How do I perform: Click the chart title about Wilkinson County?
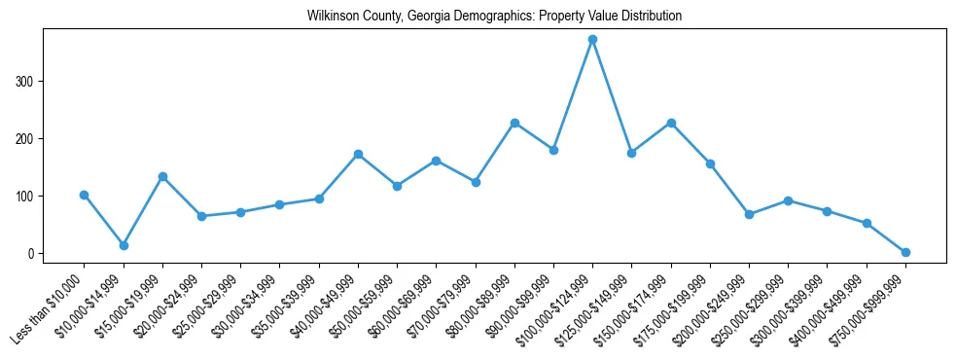(x=494, y=17)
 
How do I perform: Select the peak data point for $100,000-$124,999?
(x=592, y=39)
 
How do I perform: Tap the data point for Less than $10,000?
(x=85, y=195)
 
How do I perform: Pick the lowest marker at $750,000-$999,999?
(x=905, y=252)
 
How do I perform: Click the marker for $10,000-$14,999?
(x=124, y=245)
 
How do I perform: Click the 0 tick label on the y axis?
(x=31, y=253)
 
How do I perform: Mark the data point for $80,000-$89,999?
(x=514, y=123)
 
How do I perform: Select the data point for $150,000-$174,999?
(x=671, y=123)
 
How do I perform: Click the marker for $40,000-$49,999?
(x=358, y=154)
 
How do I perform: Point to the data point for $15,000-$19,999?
(x=162, y=176)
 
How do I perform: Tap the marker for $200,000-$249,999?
(x=749, y=214)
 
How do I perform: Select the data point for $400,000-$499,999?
(x=867, y=223)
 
